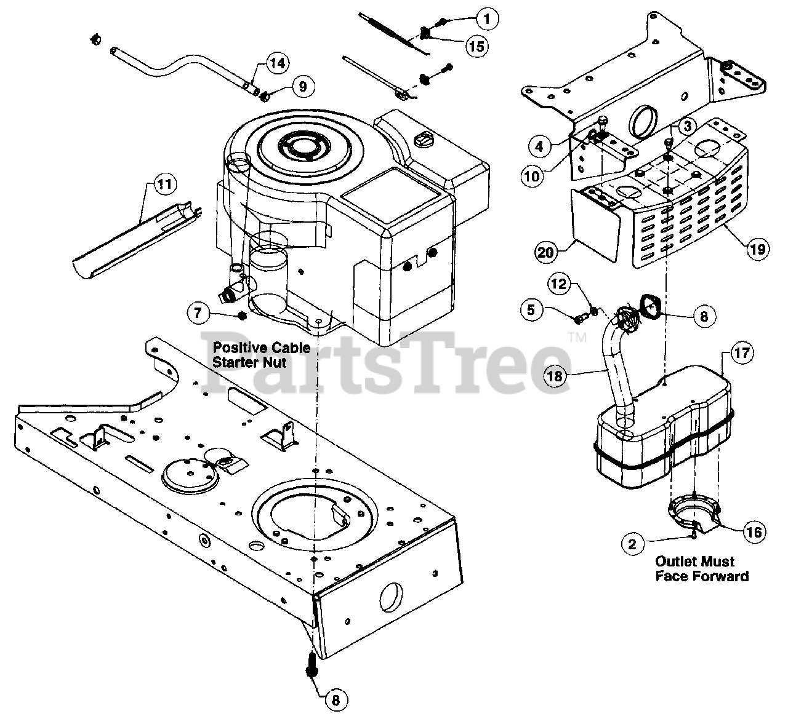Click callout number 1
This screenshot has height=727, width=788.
487,19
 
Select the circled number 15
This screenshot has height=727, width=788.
475,46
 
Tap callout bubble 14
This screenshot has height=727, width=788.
278,63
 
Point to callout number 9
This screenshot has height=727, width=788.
302,86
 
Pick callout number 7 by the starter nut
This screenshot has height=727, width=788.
198,313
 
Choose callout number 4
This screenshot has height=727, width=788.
539,147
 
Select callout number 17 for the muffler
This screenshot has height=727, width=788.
742,353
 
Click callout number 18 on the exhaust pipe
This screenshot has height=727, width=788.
555,375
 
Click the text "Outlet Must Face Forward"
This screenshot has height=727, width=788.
701,568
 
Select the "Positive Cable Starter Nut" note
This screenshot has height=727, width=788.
261,355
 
